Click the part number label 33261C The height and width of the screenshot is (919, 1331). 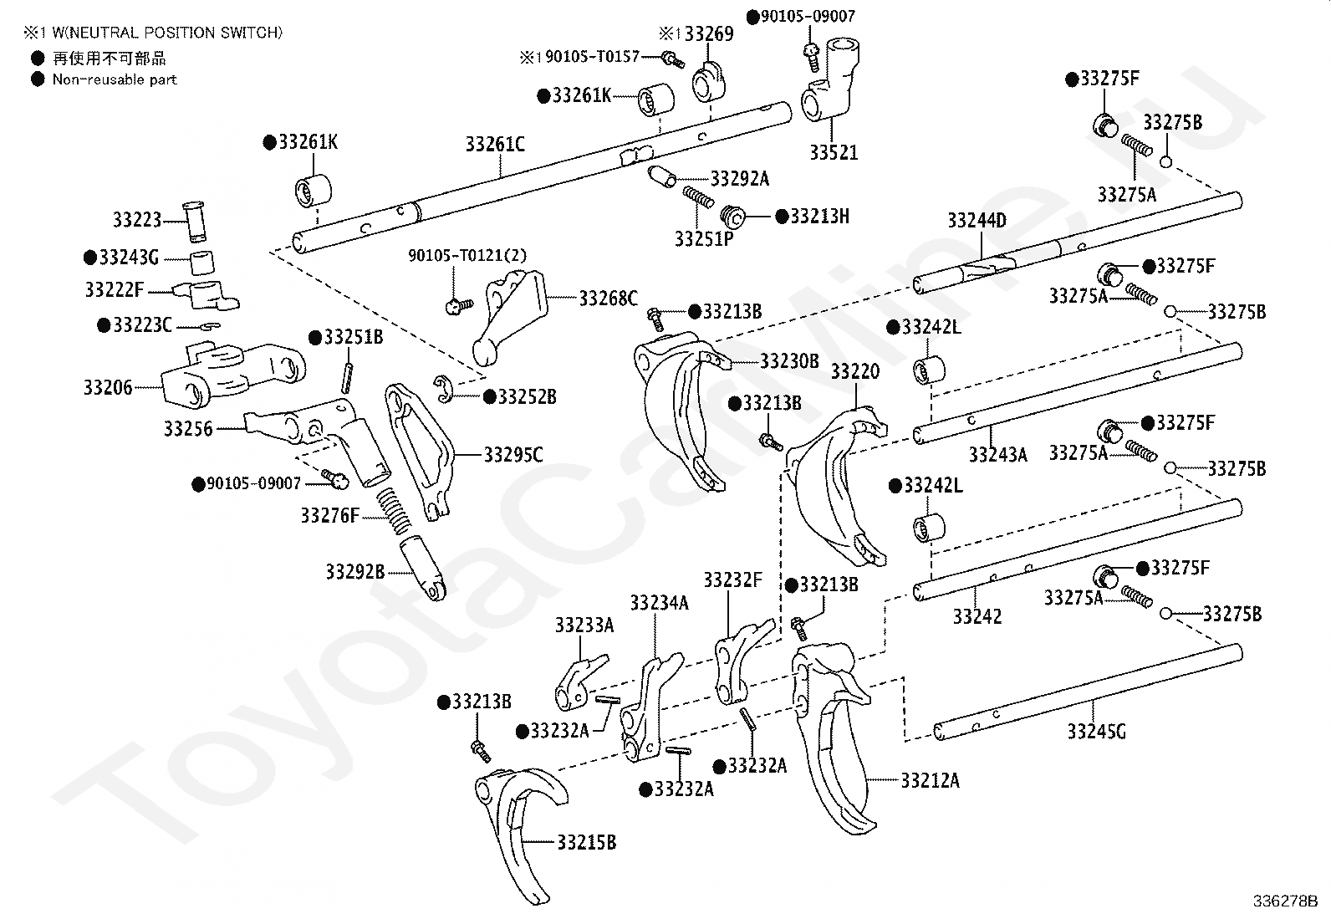click(x=495, y=144)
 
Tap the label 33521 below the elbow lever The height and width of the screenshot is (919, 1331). click(x=834, y=153)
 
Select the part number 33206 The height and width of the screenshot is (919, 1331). click(x=108, y=387)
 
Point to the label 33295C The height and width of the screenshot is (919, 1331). click(x=513, y=455)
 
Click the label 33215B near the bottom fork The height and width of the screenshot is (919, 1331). click(x=586, y=842)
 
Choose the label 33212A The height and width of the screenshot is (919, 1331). click(x=931, y=780)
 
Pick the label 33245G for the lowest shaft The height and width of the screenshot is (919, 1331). click(x=1096, y=731)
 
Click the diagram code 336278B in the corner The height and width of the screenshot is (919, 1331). click(x=1285, y=901)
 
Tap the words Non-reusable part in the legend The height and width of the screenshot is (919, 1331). click(x=115, y=79)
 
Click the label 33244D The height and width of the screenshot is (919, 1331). click(x=977, y=221)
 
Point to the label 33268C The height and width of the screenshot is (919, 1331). click(x=609, y=298)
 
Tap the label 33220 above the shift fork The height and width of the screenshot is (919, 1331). click(x=855, y=371)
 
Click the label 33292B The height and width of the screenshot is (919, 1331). click(x=355, y=572)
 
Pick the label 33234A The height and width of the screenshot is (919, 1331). click(x=660, y=603)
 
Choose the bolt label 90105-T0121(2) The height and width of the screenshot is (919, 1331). click(x=467, y=256)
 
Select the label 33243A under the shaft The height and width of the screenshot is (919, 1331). click(x=998, y=455)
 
